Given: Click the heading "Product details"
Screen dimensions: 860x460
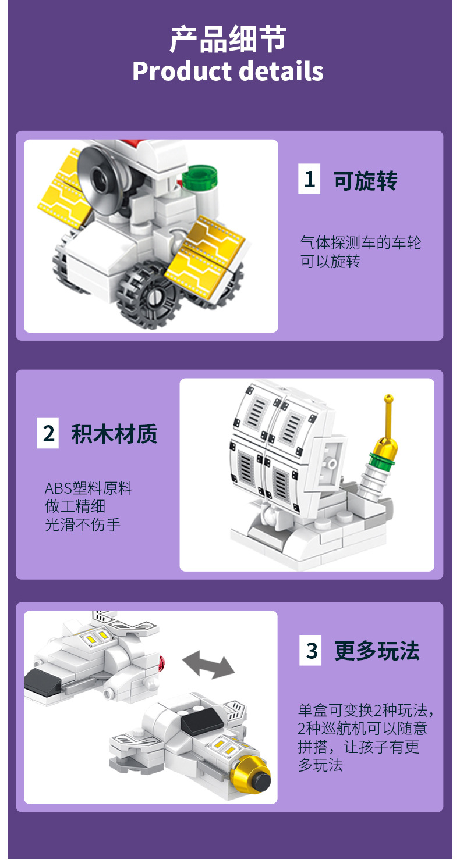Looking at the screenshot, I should (x=228, y=71).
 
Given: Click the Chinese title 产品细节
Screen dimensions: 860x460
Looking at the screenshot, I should (x=228, y=40).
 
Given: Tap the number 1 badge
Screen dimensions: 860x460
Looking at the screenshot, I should (x=309, y=179).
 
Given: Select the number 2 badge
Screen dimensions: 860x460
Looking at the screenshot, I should (x=48, y=433).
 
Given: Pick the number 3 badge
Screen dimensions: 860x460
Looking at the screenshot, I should (x=311, y=651).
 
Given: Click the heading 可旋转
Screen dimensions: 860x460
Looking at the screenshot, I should (x=365, y=181).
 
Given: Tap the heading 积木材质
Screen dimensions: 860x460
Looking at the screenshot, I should (x=115, y=434).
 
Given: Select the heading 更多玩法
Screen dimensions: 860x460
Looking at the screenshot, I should (x=377, y=651).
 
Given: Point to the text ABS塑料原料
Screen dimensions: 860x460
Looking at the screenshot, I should (x=89, y=488).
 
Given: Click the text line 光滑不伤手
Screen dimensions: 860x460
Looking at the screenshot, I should (x=83, y=524).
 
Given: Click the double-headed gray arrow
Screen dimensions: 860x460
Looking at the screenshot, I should (x=208, y=665).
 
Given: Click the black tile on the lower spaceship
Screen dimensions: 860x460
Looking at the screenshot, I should (x=201, y=720).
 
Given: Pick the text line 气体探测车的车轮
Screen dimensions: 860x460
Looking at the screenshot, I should (x=360, y=242).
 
